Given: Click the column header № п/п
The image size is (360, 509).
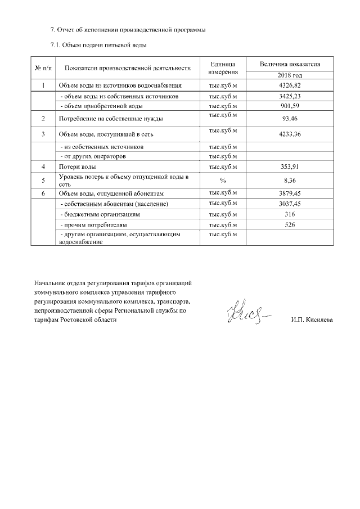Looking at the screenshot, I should (x=43, y=69).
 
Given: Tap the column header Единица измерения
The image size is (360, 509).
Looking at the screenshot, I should (x=223, y=69).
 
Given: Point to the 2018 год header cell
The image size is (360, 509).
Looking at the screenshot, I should (x=290, y=75).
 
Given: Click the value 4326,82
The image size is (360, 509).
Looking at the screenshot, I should (x=290, y=86).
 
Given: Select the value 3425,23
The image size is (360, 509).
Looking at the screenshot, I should (x=290, y=97).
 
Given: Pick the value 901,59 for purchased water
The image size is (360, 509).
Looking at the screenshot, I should (x=290, y=106).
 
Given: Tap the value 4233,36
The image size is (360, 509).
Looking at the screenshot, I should (x=290, y=134).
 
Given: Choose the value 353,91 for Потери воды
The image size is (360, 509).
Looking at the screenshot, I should (x=290, y=167).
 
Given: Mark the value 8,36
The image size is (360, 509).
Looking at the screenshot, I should (x=290, y=180).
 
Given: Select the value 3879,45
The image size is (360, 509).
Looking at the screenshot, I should (x=290, y=193).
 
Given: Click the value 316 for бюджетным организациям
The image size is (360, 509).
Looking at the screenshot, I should (x=290, y=214).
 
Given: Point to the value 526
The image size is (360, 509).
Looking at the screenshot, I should (x=290, y=225).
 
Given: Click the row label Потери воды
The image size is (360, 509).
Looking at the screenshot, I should (x=77, y=167).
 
